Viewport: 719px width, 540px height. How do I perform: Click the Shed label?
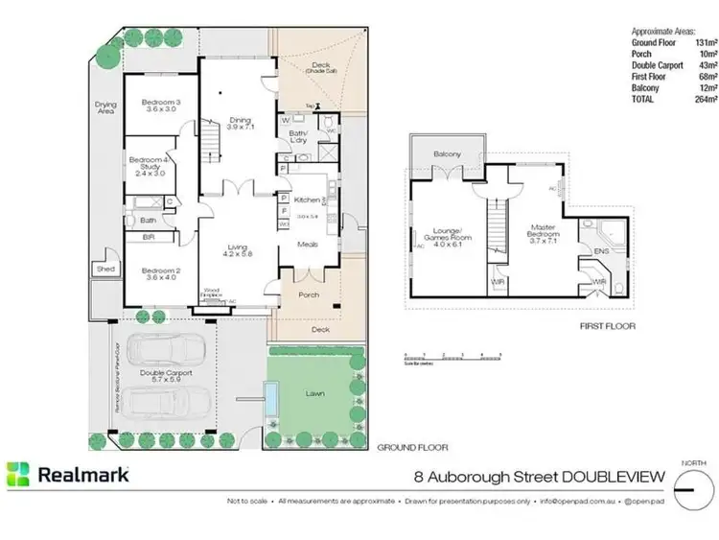pyautogui.click(x=104, y=270)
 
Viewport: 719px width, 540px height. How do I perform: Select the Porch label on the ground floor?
pyautogui.click(x=309, y=294)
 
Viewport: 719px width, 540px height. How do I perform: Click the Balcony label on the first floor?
pyautogui.click(x=447, y=154)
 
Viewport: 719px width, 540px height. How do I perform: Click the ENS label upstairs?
pyautogui.click(x=601, y=251)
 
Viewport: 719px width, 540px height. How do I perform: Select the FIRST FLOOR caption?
pyautogui.click(x=606, y=326)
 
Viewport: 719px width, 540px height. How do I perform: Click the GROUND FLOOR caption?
pyautogui.click(x=411, y=448)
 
